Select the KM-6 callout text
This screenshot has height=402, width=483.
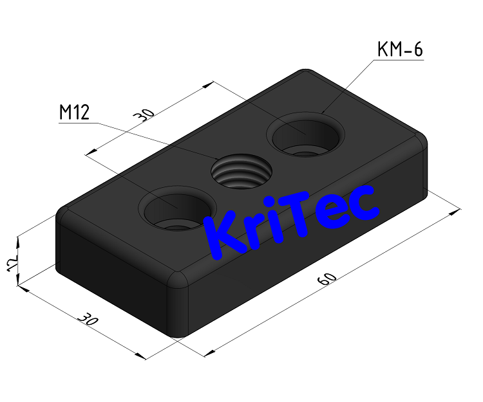click(x=399, y=50)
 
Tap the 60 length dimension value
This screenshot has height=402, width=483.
click(x=327, y=279)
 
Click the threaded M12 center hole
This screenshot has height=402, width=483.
click(x=241, y=172)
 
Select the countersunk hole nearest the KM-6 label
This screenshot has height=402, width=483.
click(x=305, y=136)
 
